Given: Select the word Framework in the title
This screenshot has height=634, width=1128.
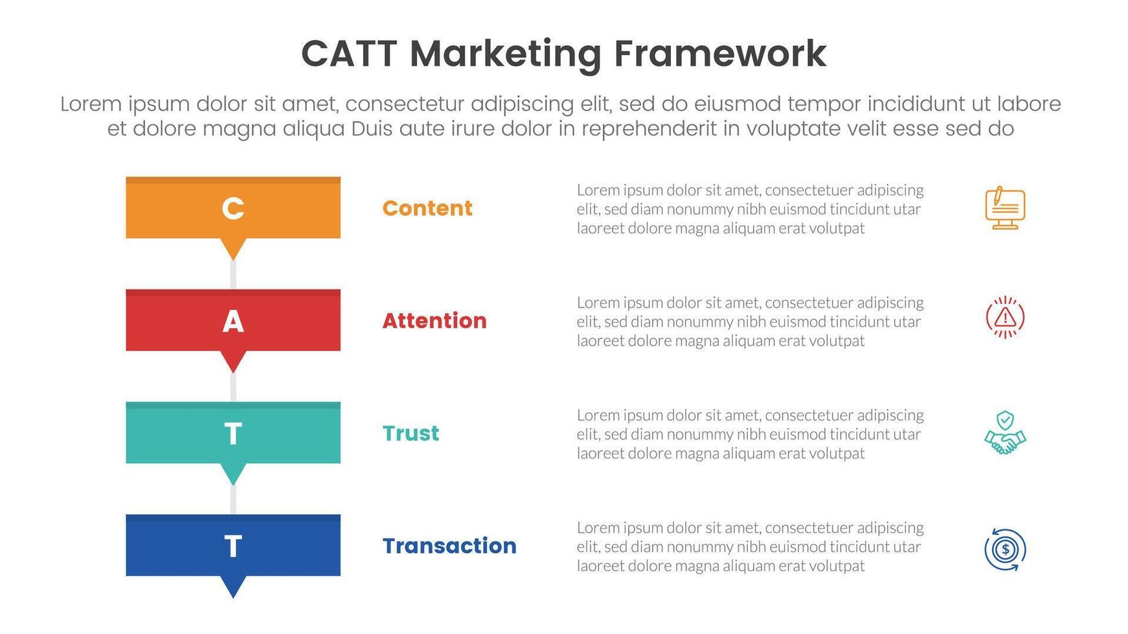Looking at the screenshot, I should pos(719,54).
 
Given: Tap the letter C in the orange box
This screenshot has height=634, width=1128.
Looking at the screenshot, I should pos(233,208).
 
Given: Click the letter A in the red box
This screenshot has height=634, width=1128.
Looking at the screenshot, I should pos(233,321).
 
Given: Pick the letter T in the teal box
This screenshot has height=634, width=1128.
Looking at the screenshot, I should pos(233,433).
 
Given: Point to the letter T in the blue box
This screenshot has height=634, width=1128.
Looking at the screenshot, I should pos(233,546).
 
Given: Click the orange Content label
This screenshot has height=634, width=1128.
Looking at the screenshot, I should pos(427,208).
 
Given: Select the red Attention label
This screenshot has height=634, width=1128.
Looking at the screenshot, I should pos(434,321).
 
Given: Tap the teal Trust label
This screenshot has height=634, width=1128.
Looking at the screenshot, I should pos(411,433).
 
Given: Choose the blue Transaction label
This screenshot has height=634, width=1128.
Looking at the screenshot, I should pos(449,546).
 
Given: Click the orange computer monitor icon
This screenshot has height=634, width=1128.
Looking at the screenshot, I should pos(1005,208).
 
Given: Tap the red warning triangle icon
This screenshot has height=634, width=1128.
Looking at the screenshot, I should pos(1005,317).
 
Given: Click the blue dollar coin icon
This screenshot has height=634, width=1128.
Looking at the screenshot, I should pos(1005,550).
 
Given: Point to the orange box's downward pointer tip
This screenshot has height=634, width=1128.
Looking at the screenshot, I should pos(233,256).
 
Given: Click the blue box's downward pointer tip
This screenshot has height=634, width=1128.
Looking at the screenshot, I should pos(233,593).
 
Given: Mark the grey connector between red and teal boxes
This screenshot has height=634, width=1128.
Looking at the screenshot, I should pos(233,388).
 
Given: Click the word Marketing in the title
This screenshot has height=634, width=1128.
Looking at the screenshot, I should pos(506,54).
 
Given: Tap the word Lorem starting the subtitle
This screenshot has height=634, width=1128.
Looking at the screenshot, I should pos(91,104).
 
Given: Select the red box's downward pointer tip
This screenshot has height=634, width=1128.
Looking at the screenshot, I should pos(233,368).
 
